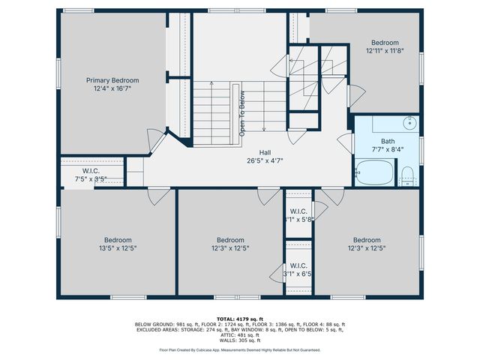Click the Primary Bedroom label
(112, 80)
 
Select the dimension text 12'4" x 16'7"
(112, 88)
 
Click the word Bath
(387, 140)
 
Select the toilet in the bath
(408, 176)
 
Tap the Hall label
(265, 151)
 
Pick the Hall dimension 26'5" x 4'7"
(265, 159)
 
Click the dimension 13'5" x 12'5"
(117, 247)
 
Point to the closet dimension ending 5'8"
(298, 220)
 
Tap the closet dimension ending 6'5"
(298, 274)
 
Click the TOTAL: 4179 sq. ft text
(240, 319)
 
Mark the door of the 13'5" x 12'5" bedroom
(160, 196)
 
